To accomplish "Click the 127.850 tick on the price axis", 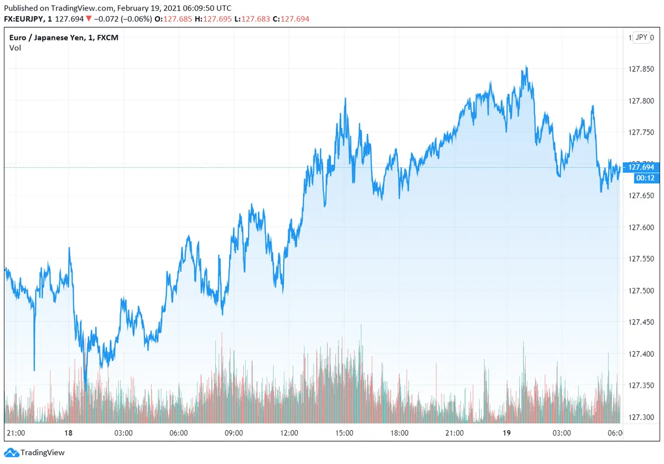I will pyautogui.click(x=641, y=69).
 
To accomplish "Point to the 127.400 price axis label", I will pyautogui.click(x=641, y=354).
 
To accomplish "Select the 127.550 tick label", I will pyautogui.click(x=641, y=259).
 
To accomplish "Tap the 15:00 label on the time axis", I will pyautogui.click(x=344, y=433).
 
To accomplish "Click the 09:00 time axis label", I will pyautogui.click(x=234, y=433).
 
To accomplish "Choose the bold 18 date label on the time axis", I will pyautogui.click(x=69, y=433).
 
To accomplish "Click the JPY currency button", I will pyautogui.click(x=641, y=37).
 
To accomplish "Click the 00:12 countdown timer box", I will pyautogui.click(x=641, y=178).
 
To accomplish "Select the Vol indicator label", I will pyautogui.click(x=15, y=48).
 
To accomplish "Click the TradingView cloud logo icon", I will pyautogui.click(x=11, y=453).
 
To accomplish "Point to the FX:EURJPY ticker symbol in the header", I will pyautogui.click(x=25, y=19).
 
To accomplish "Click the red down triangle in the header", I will pyautogui.click(x=89, y=19).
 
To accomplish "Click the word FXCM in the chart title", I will pyautogui.click(x=107, y=37).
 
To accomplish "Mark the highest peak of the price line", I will pyautogui.click(x=526, y=66).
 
